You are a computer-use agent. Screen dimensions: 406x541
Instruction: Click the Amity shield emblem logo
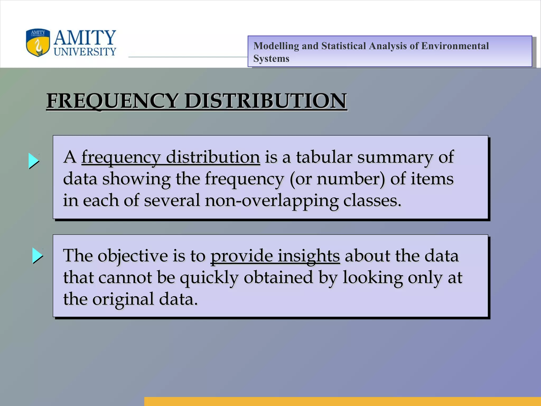tap(38, 43)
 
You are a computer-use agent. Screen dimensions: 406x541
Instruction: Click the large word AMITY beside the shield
tap(85, 38)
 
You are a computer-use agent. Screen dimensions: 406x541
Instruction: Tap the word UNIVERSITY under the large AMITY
tap(85, 52)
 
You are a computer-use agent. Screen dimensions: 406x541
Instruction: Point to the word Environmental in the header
tap(455, 46)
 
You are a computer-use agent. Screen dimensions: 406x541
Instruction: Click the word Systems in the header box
tap(271, 59)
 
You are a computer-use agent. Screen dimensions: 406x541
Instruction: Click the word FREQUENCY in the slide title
tap(112, 101)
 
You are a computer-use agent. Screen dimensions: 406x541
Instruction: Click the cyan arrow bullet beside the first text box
tap(34, 161)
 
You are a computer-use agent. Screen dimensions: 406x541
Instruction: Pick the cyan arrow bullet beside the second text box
tap(38, 255)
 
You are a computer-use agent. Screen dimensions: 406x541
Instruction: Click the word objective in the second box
tap(133, 256)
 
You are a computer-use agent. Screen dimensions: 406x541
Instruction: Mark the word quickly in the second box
tap(209, 278)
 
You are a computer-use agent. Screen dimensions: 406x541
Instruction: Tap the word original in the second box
tap(123, 300)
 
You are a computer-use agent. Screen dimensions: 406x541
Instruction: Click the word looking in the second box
tap(372, 278)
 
